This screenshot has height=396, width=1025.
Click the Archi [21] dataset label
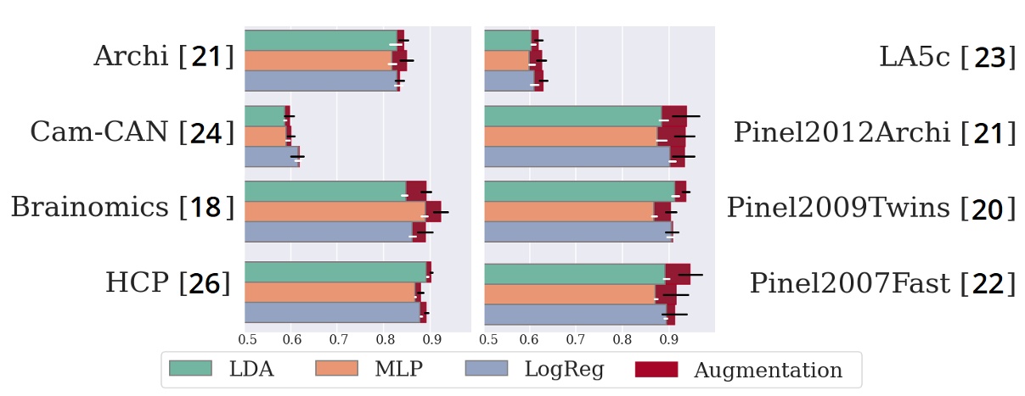163,57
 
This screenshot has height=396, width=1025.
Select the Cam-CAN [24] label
132,132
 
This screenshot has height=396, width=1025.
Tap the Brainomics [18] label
121,207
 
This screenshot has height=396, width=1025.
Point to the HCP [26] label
168,282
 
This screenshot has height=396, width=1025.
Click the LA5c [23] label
947,57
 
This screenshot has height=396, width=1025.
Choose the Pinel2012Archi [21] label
875,132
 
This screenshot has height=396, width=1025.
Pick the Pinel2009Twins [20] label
870,207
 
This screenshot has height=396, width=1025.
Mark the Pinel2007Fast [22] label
881,282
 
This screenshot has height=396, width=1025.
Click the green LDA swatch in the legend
190,369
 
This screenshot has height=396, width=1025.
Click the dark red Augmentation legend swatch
656,369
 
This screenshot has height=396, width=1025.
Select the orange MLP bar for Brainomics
335,211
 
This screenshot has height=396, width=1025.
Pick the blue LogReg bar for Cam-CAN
271,156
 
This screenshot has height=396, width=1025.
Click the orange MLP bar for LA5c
506,60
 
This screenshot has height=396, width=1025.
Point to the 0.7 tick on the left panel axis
338,340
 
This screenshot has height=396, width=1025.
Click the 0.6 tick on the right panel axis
530,340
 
